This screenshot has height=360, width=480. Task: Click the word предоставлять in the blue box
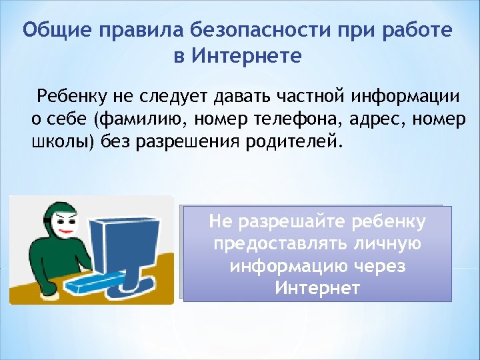click(x=277, y=243)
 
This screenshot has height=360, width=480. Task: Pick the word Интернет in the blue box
click(x=317, y=289)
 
